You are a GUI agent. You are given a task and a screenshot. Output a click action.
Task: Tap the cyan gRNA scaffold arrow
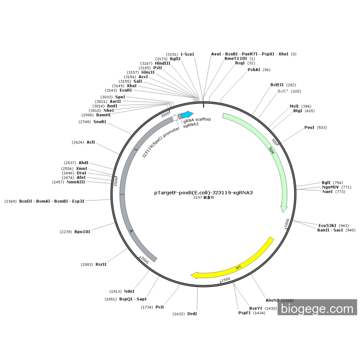click(187, 115)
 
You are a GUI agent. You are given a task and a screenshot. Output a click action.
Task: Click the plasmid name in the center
click(204, 192)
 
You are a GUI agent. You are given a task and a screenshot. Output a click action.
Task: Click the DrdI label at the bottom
click(192, 313)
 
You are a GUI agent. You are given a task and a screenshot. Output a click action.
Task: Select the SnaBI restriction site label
click(100, 122)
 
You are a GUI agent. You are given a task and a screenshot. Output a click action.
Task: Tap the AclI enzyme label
click(91, 142)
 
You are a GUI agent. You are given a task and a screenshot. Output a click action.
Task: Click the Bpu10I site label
click(82, 231)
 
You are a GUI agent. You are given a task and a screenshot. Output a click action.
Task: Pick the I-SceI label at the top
click(187, 54)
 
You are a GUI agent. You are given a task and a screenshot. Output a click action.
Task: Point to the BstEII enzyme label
click(277, 85)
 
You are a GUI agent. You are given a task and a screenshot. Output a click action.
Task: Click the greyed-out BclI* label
click(282, 91)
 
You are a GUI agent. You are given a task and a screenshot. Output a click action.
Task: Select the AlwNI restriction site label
click(272, 300)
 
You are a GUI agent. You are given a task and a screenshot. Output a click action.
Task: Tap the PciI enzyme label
click(159, 307)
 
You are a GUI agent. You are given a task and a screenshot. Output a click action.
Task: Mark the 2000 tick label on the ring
click(145, 261)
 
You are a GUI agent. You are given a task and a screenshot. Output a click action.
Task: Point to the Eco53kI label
click(326, 225)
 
